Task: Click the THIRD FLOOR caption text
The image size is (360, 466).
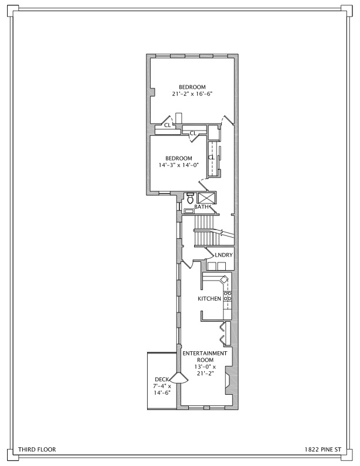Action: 37,450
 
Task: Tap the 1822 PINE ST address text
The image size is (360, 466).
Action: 323,450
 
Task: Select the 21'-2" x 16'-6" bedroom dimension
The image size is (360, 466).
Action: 192,94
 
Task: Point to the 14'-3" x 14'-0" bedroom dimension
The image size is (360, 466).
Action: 178,165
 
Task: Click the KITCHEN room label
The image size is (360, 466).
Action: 209,299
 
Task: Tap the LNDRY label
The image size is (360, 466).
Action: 224,255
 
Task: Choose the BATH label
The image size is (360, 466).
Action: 201,207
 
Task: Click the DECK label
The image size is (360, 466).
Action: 162,380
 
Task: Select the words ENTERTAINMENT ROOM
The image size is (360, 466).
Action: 205,357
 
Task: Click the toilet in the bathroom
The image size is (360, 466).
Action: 190,198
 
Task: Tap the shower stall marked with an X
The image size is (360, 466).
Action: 206,198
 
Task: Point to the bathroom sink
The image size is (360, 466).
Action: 189,211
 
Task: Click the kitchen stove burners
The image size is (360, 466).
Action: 228,296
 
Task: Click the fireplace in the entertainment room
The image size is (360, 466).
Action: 227,381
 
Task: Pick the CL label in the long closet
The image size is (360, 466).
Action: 211,158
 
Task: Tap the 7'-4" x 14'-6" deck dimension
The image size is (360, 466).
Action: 162,390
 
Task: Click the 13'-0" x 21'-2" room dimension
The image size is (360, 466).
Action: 205,370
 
